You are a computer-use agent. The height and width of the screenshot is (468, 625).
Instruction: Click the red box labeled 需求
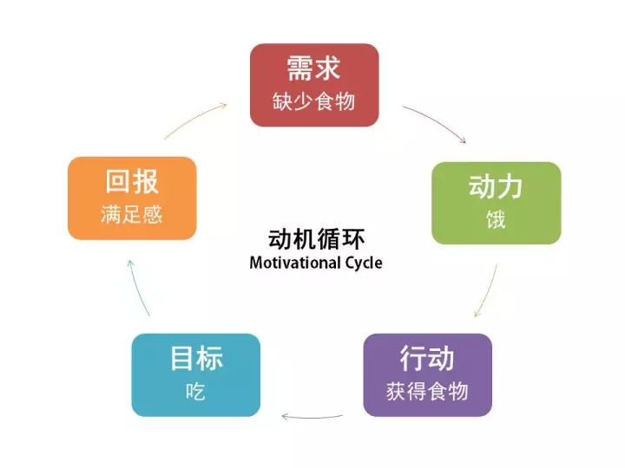[314, 85]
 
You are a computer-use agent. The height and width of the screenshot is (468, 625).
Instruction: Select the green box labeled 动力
[496, 202]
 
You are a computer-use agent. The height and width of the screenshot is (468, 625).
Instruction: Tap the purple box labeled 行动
[427, 374]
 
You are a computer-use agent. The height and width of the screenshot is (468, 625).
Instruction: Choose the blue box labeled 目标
[196, 374]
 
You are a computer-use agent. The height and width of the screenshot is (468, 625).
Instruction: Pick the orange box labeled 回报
[132, 198]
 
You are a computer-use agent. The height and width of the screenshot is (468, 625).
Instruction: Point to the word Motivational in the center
[293, 262]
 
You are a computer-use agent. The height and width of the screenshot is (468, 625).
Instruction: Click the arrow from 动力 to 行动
[487, 289]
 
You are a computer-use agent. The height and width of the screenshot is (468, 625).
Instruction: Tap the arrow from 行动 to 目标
[312, 418]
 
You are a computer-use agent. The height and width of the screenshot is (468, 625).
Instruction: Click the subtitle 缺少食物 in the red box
[314, 101]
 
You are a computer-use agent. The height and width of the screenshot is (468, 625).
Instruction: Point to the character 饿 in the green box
[496, 219]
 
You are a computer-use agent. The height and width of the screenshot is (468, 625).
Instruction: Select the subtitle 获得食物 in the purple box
[427, 391]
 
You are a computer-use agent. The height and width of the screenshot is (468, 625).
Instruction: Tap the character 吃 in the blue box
[196, 391]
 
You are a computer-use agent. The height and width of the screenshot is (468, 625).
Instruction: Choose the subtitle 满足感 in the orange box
[132, 215]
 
